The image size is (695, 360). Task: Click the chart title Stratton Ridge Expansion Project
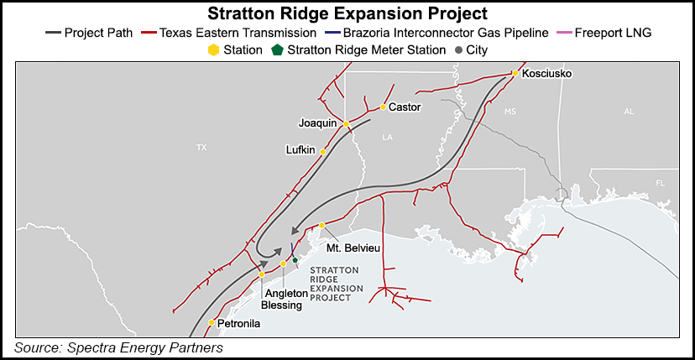pos(347,14)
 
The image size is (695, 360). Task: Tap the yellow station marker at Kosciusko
pos(515,74)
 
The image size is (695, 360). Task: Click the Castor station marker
pos(383,107)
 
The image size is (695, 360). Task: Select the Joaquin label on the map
pos(317,123)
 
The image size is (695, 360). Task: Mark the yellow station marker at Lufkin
pos(323,152)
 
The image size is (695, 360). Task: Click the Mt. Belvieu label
pos(350,248)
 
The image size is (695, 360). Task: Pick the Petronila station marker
pos(212,322)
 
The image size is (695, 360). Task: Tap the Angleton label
pos(286,294)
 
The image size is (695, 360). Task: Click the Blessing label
pos(282,305)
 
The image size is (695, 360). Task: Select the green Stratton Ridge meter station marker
pos(295,260)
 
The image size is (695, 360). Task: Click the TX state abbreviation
pos(201,148)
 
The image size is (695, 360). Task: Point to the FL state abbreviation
pos(661,182)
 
